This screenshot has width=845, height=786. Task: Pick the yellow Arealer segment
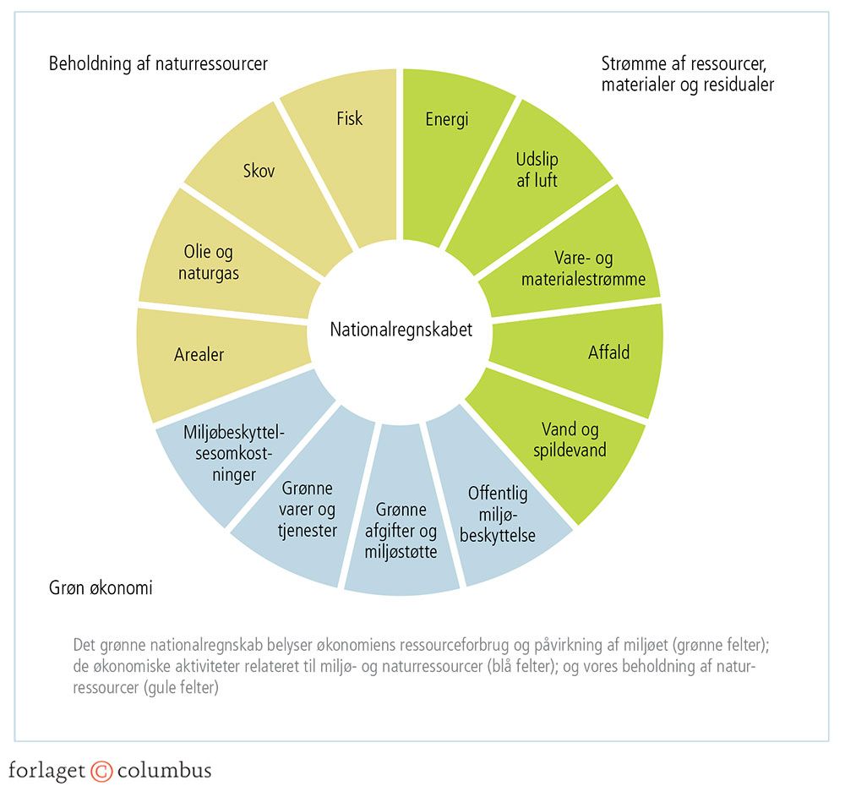(199, 355)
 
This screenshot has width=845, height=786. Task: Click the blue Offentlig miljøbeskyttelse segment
(499, 516)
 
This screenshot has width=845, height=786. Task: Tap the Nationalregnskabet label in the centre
(401, 330)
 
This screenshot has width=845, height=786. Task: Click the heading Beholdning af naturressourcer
(158, 63)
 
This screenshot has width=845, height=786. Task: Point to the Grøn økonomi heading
(101, 587)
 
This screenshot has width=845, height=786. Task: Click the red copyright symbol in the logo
(101, 770)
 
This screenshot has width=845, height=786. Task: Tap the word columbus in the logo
(164, 770)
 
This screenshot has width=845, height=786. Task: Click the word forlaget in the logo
(47, 770)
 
